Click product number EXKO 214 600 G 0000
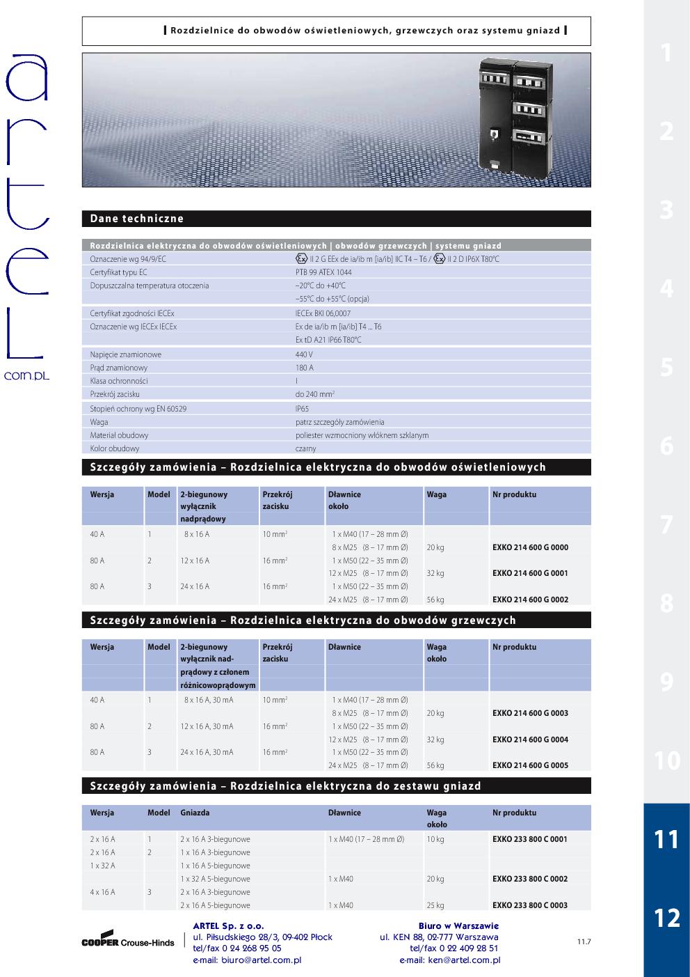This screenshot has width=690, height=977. pos(530,547)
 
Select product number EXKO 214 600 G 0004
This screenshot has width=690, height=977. pos(530,740)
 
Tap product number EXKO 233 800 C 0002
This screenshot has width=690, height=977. pos(530,879)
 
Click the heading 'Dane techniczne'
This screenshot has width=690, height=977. pos(137,219)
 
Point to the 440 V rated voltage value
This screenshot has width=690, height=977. pos(304,354)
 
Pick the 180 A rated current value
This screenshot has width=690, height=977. pos(304,368)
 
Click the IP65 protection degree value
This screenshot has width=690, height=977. pos(302,409)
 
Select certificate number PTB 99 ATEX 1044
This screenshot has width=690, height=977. pos(323,272)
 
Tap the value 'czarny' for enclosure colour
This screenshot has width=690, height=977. pos(305,448)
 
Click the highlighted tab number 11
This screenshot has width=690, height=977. pos(666,839)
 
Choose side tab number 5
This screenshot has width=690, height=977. pos(666,367)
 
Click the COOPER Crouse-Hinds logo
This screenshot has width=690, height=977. pos(128,941)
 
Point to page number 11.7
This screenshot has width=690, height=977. pos(584,942)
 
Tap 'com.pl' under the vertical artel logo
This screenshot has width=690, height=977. pos(26,375)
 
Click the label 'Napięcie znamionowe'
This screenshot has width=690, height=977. pos(125,354)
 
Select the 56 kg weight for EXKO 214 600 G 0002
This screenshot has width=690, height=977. pos(435,600)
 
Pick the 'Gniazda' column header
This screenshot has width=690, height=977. pos(195,813)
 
